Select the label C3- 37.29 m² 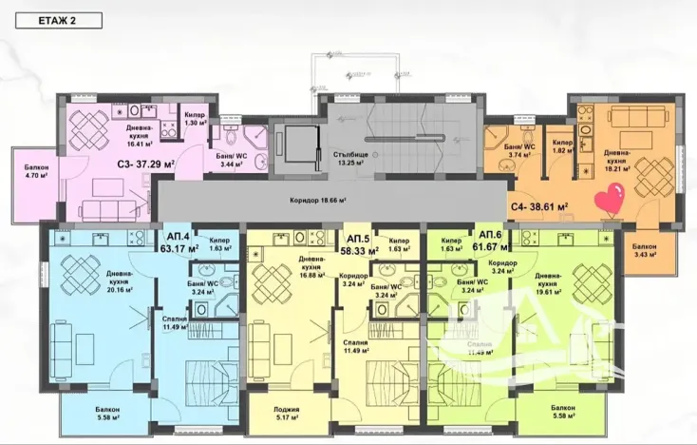point(146,163)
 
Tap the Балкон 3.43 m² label point(650,250)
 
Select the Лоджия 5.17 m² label point(287,414)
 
